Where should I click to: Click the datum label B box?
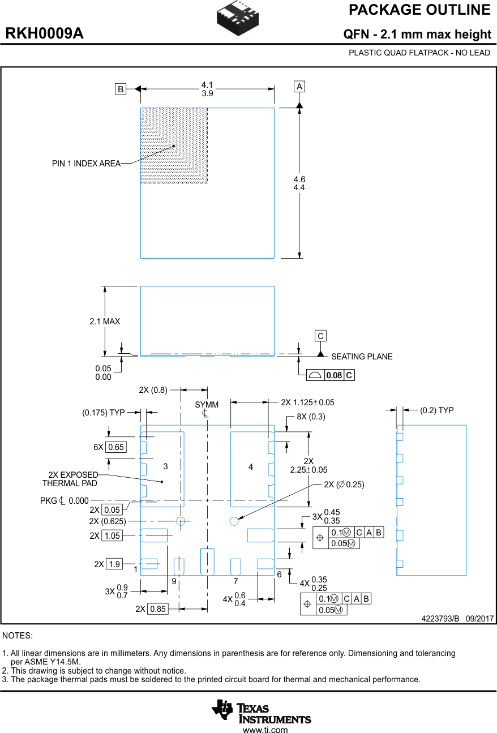[120, 89]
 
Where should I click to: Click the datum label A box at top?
[299, 87]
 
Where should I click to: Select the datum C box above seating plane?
[320, 336]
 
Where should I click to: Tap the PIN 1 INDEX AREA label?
[86, 164]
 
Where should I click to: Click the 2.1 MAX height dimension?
[105, 322]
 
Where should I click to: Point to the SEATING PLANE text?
[361, 357]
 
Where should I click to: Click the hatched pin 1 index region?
[174, 145]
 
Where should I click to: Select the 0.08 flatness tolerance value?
[334, 375]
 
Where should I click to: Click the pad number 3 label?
[165, 466]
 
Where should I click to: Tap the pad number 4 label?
[251, 466]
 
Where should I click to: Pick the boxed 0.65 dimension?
[115, 447]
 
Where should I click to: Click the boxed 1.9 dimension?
[114, 564]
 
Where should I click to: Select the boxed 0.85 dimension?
[158, 609]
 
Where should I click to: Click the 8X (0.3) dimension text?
[311, 417]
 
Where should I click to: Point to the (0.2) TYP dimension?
[436, 410]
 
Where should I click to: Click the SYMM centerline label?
[206, 405]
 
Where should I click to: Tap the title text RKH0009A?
[44, 34]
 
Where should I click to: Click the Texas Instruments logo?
[261, 711]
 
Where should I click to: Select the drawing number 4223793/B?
[440, 619]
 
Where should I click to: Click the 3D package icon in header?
[238, 18]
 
